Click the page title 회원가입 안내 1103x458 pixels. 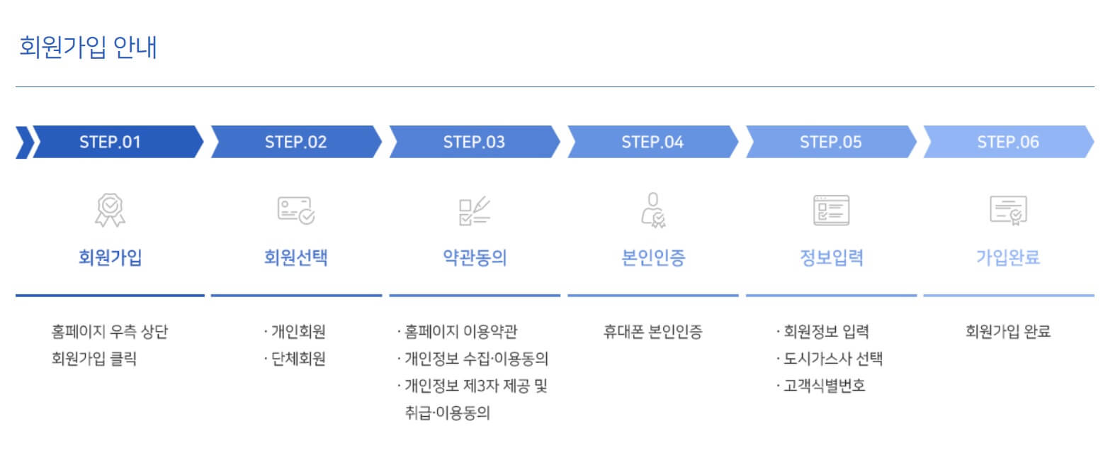point(89,47)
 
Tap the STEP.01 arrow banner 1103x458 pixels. point(111,142)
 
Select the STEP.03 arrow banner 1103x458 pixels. point(474,142)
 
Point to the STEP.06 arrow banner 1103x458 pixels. point(1007,142)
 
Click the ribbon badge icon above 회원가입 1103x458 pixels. point(110,211)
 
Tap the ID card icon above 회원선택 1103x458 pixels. point(295,211)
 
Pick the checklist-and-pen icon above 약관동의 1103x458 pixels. point(474,211)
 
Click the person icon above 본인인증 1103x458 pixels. point(652,211)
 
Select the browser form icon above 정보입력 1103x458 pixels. point(830,211)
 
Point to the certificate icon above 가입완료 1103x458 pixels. point(1007,211)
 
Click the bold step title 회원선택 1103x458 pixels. point(295,257)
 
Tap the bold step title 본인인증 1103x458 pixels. point(652,257)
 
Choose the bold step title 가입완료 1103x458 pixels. point(1007,257)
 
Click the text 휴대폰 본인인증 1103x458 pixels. point(652,331)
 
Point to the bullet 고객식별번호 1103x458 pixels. point(824,386)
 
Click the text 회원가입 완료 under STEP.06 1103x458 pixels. point(1007,331)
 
